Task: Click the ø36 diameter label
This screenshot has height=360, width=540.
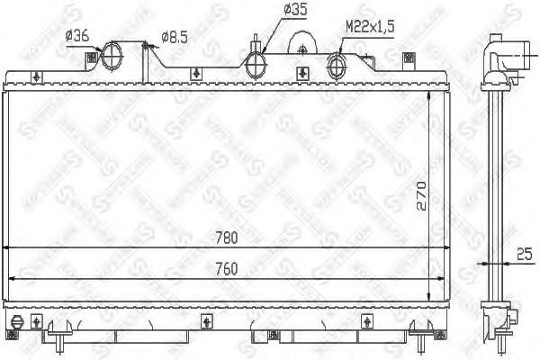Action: coord(77,36)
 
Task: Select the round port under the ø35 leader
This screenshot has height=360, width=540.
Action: coord(257,63)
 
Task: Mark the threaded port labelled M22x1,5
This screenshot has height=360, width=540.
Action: coord(337,65)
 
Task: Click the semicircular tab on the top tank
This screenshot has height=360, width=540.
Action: coord(303,42)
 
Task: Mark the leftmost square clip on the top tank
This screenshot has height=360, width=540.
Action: coord(89,60)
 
